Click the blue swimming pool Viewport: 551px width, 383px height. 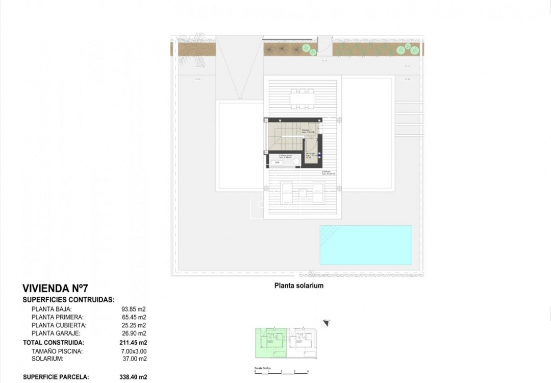[365, 245]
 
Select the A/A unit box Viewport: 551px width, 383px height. [278, 162]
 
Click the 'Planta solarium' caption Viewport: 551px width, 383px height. [299, 286]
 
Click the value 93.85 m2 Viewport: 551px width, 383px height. [134, 309]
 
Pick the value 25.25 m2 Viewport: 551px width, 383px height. [134, 325]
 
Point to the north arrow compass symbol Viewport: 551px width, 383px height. [326, 322]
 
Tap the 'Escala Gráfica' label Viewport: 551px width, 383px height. [263, 368]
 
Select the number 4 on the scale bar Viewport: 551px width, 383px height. [308, 372]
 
